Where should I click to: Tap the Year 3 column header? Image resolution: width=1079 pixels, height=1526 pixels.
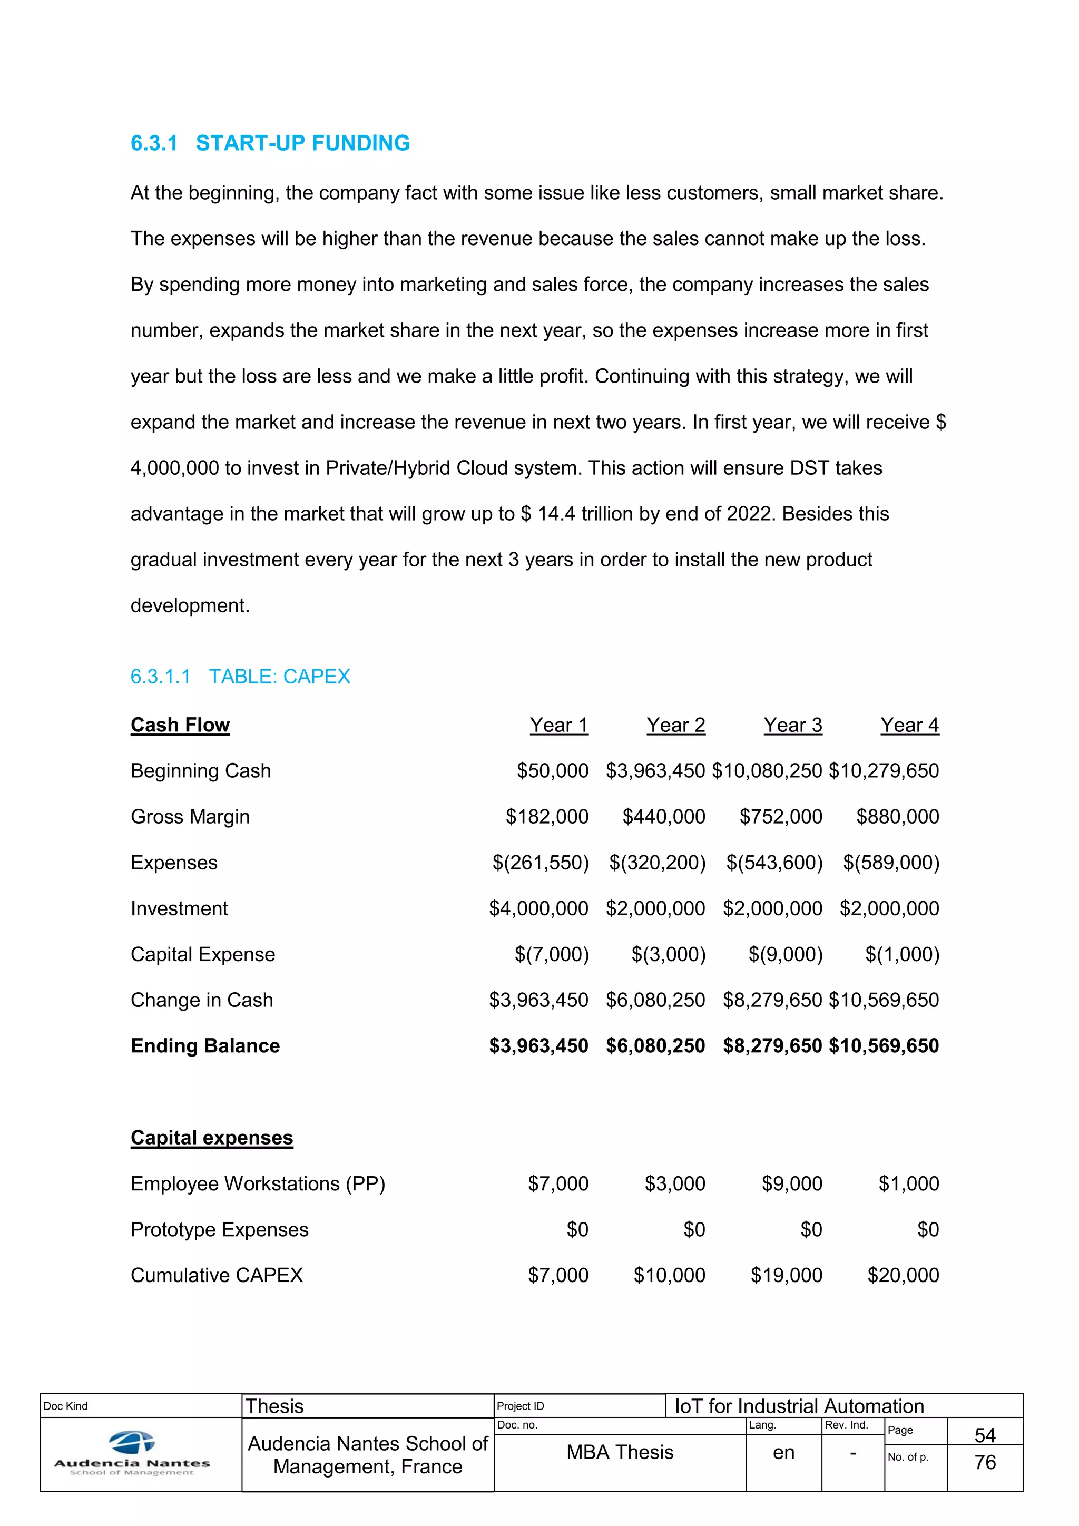[x=792, y=725]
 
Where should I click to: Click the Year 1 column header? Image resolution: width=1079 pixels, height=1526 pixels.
[x=559, y=725]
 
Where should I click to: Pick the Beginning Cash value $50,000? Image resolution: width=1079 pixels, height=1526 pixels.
[x=552, y=771]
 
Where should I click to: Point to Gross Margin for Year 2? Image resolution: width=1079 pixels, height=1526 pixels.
[x=663, y=817]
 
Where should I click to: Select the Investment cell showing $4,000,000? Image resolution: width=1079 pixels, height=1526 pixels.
[x=538, y=908]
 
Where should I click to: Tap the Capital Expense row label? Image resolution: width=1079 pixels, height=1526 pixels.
[x=203, y=954]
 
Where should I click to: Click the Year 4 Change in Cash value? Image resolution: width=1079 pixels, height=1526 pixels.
[x=884, y=1000]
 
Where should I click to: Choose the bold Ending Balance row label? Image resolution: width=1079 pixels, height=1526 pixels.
[x=205, y=1046]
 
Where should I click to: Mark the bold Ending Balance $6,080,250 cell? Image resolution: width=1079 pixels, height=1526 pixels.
[x=655, y=1046]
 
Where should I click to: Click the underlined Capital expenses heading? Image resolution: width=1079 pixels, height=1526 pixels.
[x=211, y=1138]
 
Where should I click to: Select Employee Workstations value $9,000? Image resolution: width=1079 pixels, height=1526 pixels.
[x=791, y=1183]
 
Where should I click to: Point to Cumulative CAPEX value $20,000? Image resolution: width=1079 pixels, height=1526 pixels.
[x=903, y=1275]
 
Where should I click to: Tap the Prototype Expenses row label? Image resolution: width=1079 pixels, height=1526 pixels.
[x=219, y=1229]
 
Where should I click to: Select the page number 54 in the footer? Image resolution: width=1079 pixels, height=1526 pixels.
[x=985, y=1435]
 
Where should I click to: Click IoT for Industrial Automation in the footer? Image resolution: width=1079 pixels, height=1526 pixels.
[x=799, y=1406]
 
